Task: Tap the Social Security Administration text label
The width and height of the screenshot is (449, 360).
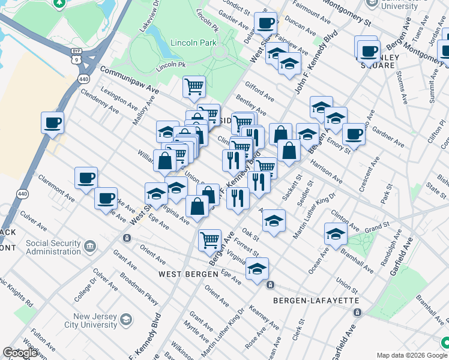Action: pos(53,247)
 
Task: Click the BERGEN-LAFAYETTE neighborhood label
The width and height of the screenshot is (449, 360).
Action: pos(316,300)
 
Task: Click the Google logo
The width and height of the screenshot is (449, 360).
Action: pos(20,353)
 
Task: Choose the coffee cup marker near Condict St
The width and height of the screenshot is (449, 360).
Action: pos(265,24)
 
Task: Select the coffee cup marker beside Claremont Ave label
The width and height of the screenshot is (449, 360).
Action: pos(86,178)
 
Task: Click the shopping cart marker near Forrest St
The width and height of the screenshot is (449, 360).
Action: pos(209,241)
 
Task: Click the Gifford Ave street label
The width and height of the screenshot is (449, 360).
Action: pos(259,92)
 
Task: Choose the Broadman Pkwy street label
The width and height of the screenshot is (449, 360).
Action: pos(139,286)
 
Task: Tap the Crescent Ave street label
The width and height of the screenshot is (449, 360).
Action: pos(369,174)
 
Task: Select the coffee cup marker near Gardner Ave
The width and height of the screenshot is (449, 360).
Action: pos(354,134)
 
